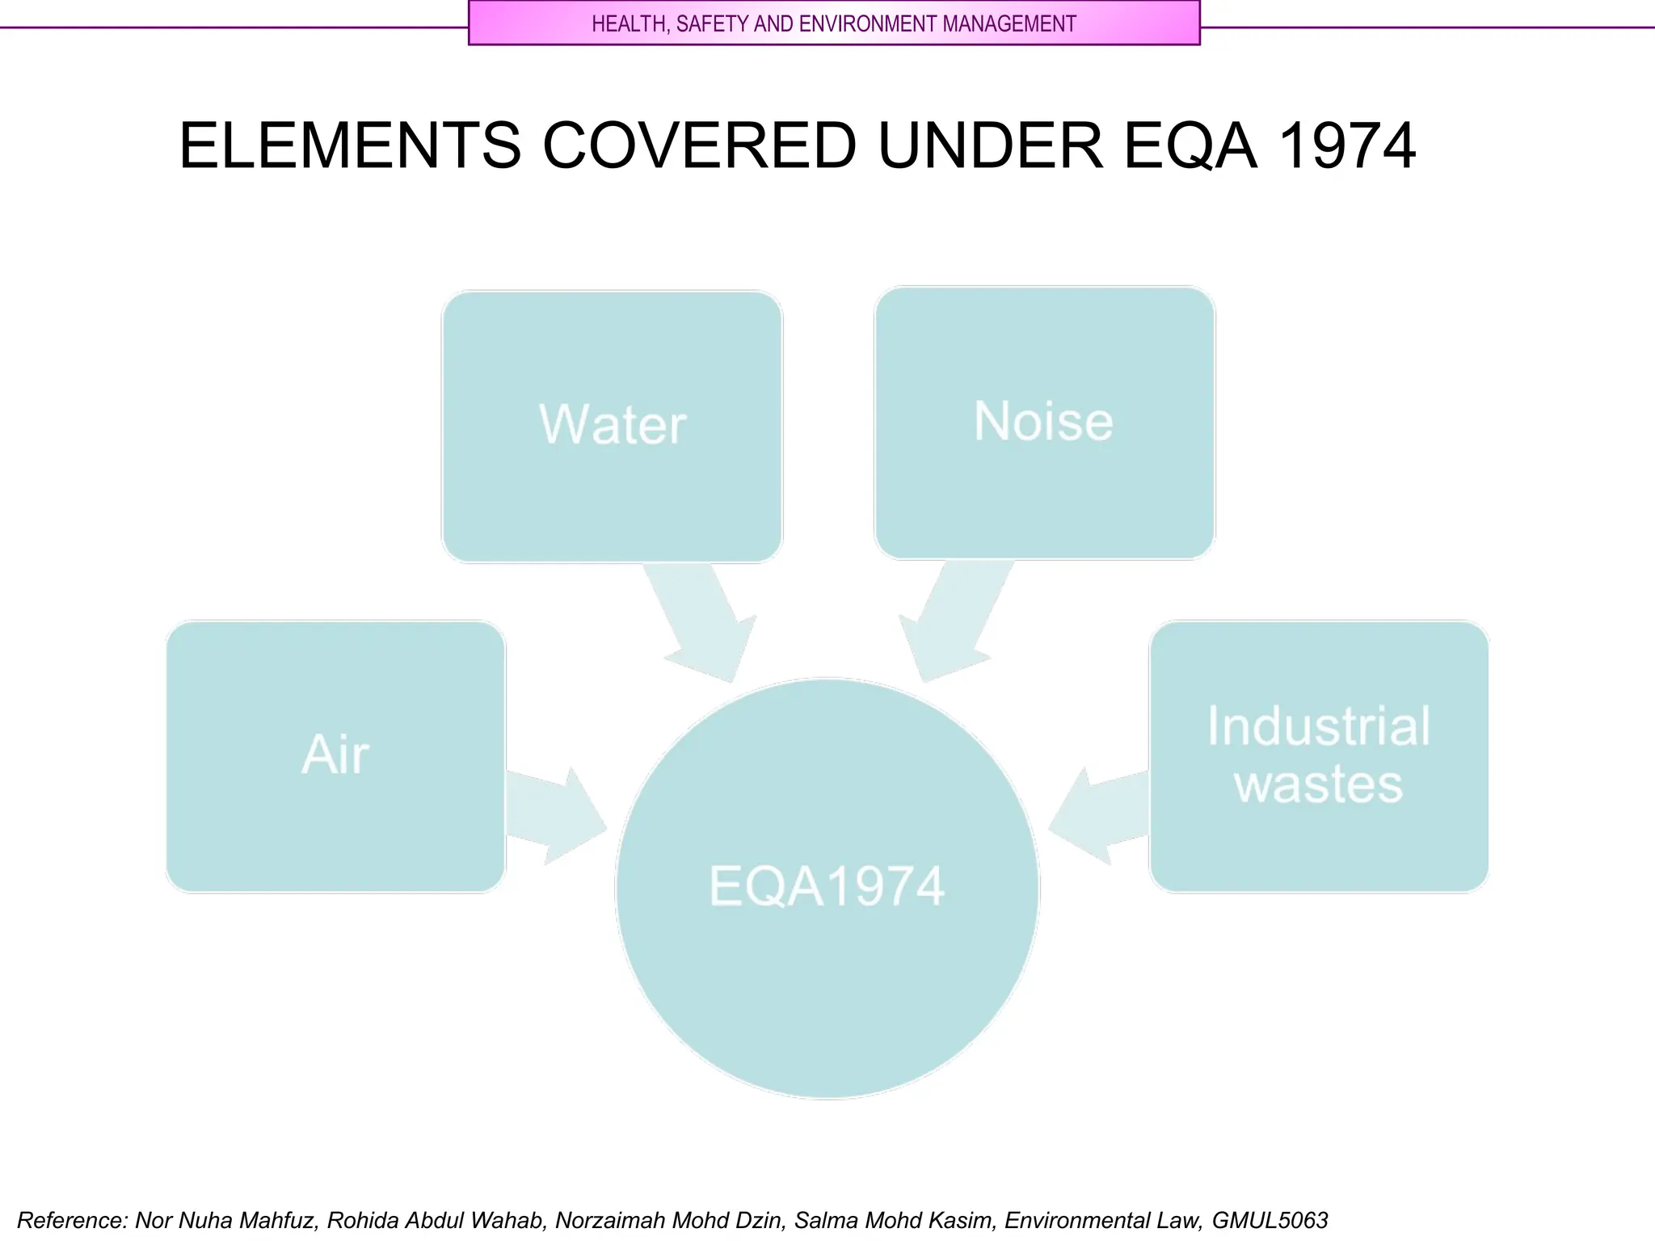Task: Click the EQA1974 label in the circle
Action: point(827,886)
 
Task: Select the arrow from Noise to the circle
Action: point(954,622)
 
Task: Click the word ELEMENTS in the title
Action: point(350,146)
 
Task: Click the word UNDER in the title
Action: point(990,146)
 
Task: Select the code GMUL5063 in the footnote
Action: point(1270,1220)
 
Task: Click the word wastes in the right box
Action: point(1318,785)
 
